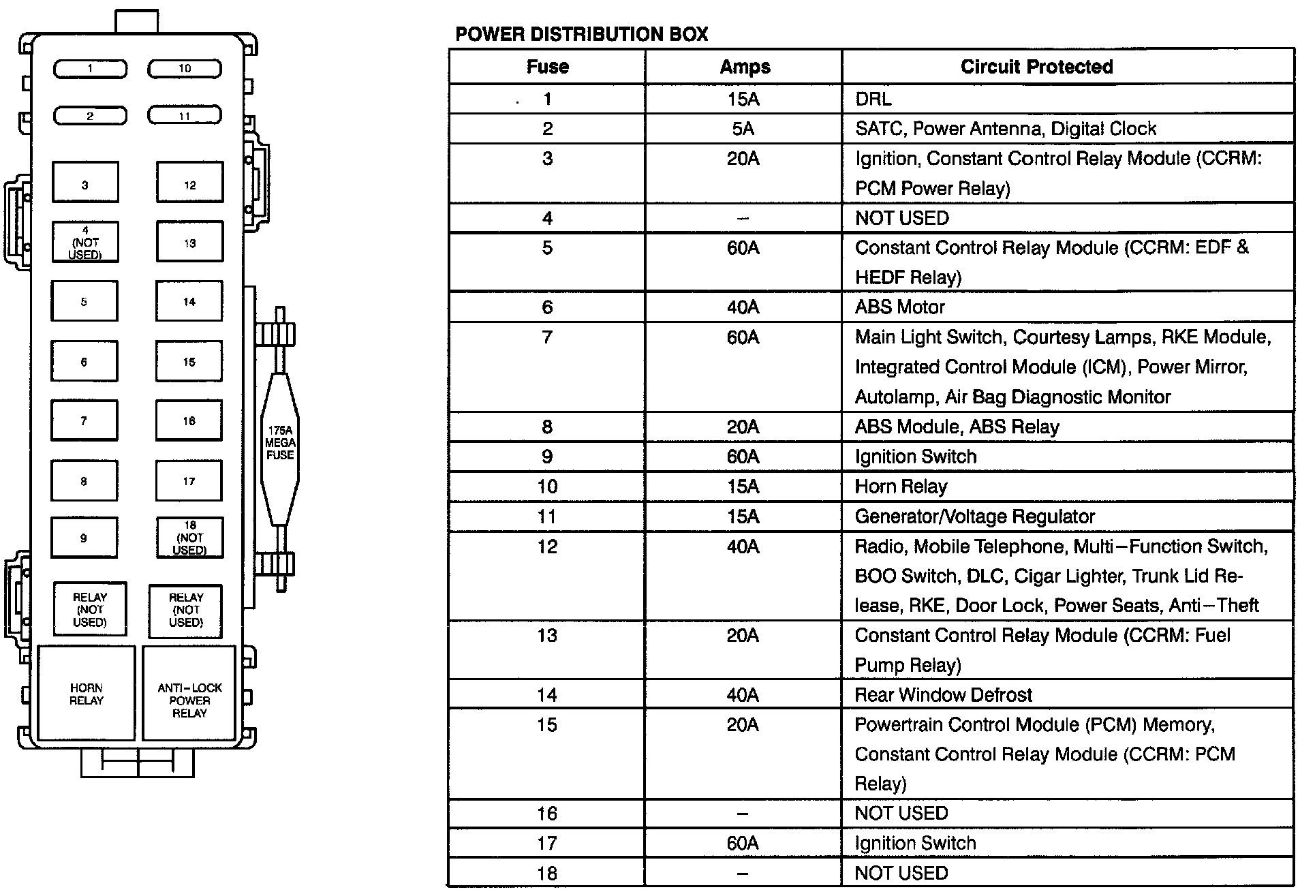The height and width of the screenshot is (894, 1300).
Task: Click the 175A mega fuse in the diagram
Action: (x=280, y=443)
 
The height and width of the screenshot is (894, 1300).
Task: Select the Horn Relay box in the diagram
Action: (x=87, y=694)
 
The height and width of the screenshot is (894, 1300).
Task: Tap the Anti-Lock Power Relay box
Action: (x=189, y=700)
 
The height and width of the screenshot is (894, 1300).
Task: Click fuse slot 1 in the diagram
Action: (x=90, y=69)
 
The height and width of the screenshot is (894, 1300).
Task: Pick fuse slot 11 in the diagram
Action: (x=185, y=115)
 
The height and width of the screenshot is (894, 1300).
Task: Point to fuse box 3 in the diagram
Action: (x=85, y=183)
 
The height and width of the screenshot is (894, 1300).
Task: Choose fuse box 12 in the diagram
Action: (x=189, y=183)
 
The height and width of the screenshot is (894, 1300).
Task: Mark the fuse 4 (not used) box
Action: (x=85, y=242)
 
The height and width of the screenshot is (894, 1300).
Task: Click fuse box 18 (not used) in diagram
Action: (x=189, y=538)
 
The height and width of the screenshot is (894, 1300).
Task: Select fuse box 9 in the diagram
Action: (x=84, y=538)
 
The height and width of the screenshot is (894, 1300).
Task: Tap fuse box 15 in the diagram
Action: (x=189, y=361)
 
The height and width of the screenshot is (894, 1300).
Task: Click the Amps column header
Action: (x=744, y=67)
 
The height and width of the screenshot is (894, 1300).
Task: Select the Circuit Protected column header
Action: (x=1036, y=67)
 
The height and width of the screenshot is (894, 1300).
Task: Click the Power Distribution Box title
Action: (x=581, y=34)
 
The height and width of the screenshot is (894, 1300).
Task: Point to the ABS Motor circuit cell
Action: (x=899, y=307)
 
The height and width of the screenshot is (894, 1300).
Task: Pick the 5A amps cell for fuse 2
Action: (x=743, y=129)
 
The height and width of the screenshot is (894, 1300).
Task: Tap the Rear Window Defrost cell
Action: (x=943, y=695)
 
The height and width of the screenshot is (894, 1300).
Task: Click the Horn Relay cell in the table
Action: (x=901, y=487)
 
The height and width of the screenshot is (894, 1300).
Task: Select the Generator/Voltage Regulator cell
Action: (x=974, y=517)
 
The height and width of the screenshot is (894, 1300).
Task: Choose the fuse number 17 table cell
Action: (x=547, y=844)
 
